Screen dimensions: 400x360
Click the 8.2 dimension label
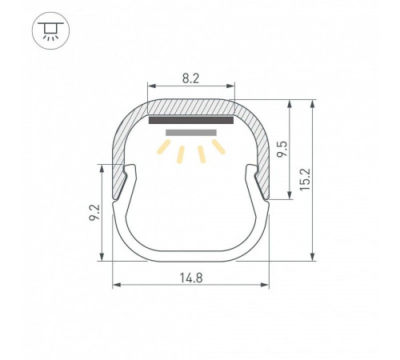pyautogui.click(x=190, y=78)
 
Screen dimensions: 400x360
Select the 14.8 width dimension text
pyautogui.click(x=191, y=278)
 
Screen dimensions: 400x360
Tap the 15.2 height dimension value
pyautogui.click(x=305, y=179)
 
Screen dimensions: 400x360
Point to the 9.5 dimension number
pyautogui.click(x=282, y=150)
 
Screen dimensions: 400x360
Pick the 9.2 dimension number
pyautogui.click(x=94, y=212)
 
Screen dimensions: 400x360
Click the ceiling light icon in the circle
pyautogui.click(x=50, y=30)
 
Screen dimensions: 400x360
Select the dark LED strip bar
pyautogui.click(x=191, y=120)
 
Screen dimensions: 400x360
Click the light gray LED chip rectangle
pyautogui.click(x=191, y=133)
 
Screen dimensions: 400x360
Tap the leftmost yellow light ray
pyautogui.click(x=164, y=147)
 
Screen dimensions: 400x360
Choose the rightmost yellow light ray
pyautogui.click(x=218, y=146)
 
